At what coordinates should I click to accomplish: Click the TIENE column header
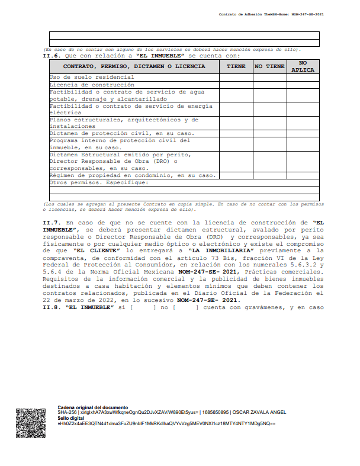[236, 66]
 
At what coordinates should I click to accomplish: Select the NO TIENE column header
[269, 66]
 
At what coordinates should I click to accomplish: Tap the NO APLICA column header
[303, 66]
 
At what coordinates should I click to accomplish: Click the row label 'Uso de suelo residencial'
[91, 77]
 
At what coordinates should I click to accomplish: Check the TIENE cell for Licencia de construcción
[236, 85]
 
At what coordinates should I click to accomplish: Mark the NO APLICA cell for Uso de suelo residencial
[303, 77]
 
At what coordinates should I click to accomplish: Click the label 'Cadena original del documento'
[92, 408]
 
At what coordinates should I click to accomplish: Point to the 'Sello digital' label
[70, 418]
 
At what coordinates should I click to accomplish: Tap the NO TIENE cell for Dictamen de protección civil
[269, 133]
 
